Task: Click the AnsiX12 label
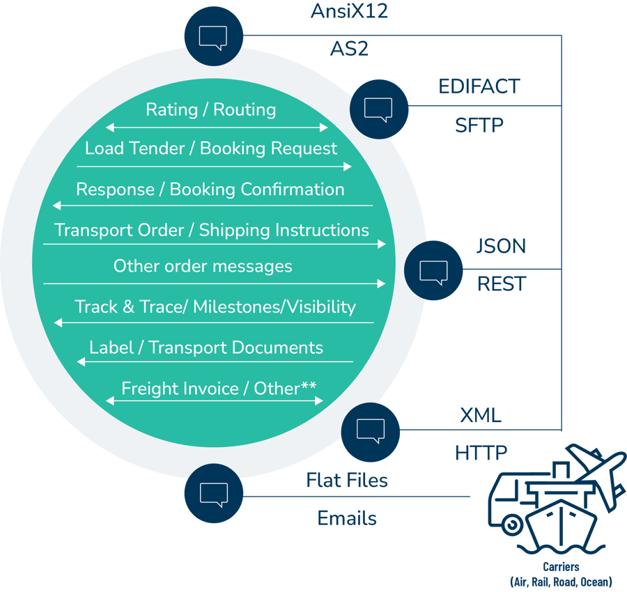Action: click(x=349, y=10)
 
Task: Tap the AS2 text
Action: click(x=349, y=49)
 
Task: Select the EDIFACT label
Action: click(x=479, y=86)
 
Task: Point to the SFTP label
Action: click(x=479, y=125)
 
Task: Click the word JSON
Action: click(x=501, y=246)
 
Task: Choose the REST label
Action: click(x=502, y=283)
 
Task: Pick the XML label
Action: click(x=481, y=415)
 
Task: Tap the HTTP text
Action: click(x=481, y=453)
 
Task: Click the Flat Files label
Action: click(x=347, y=480)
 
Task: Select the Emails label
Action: click(x=347, y=518)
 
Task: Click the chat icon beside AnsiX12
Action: click(x=214, y=36)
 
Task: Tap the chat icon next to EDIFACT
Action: click(x=379, y=109)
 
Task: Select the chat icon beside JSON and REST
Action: click(x=433, y=270)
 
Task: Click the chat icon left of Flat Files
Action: click(x=214, y=493)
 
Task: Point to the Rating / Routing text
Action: click(x=210, y=109)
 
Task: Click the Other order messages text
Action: click(x=203, y=266)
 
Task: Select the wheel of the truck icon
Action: click(x=512, y=525)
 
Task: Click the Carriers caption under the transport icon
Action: click(x=561, y=566)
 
